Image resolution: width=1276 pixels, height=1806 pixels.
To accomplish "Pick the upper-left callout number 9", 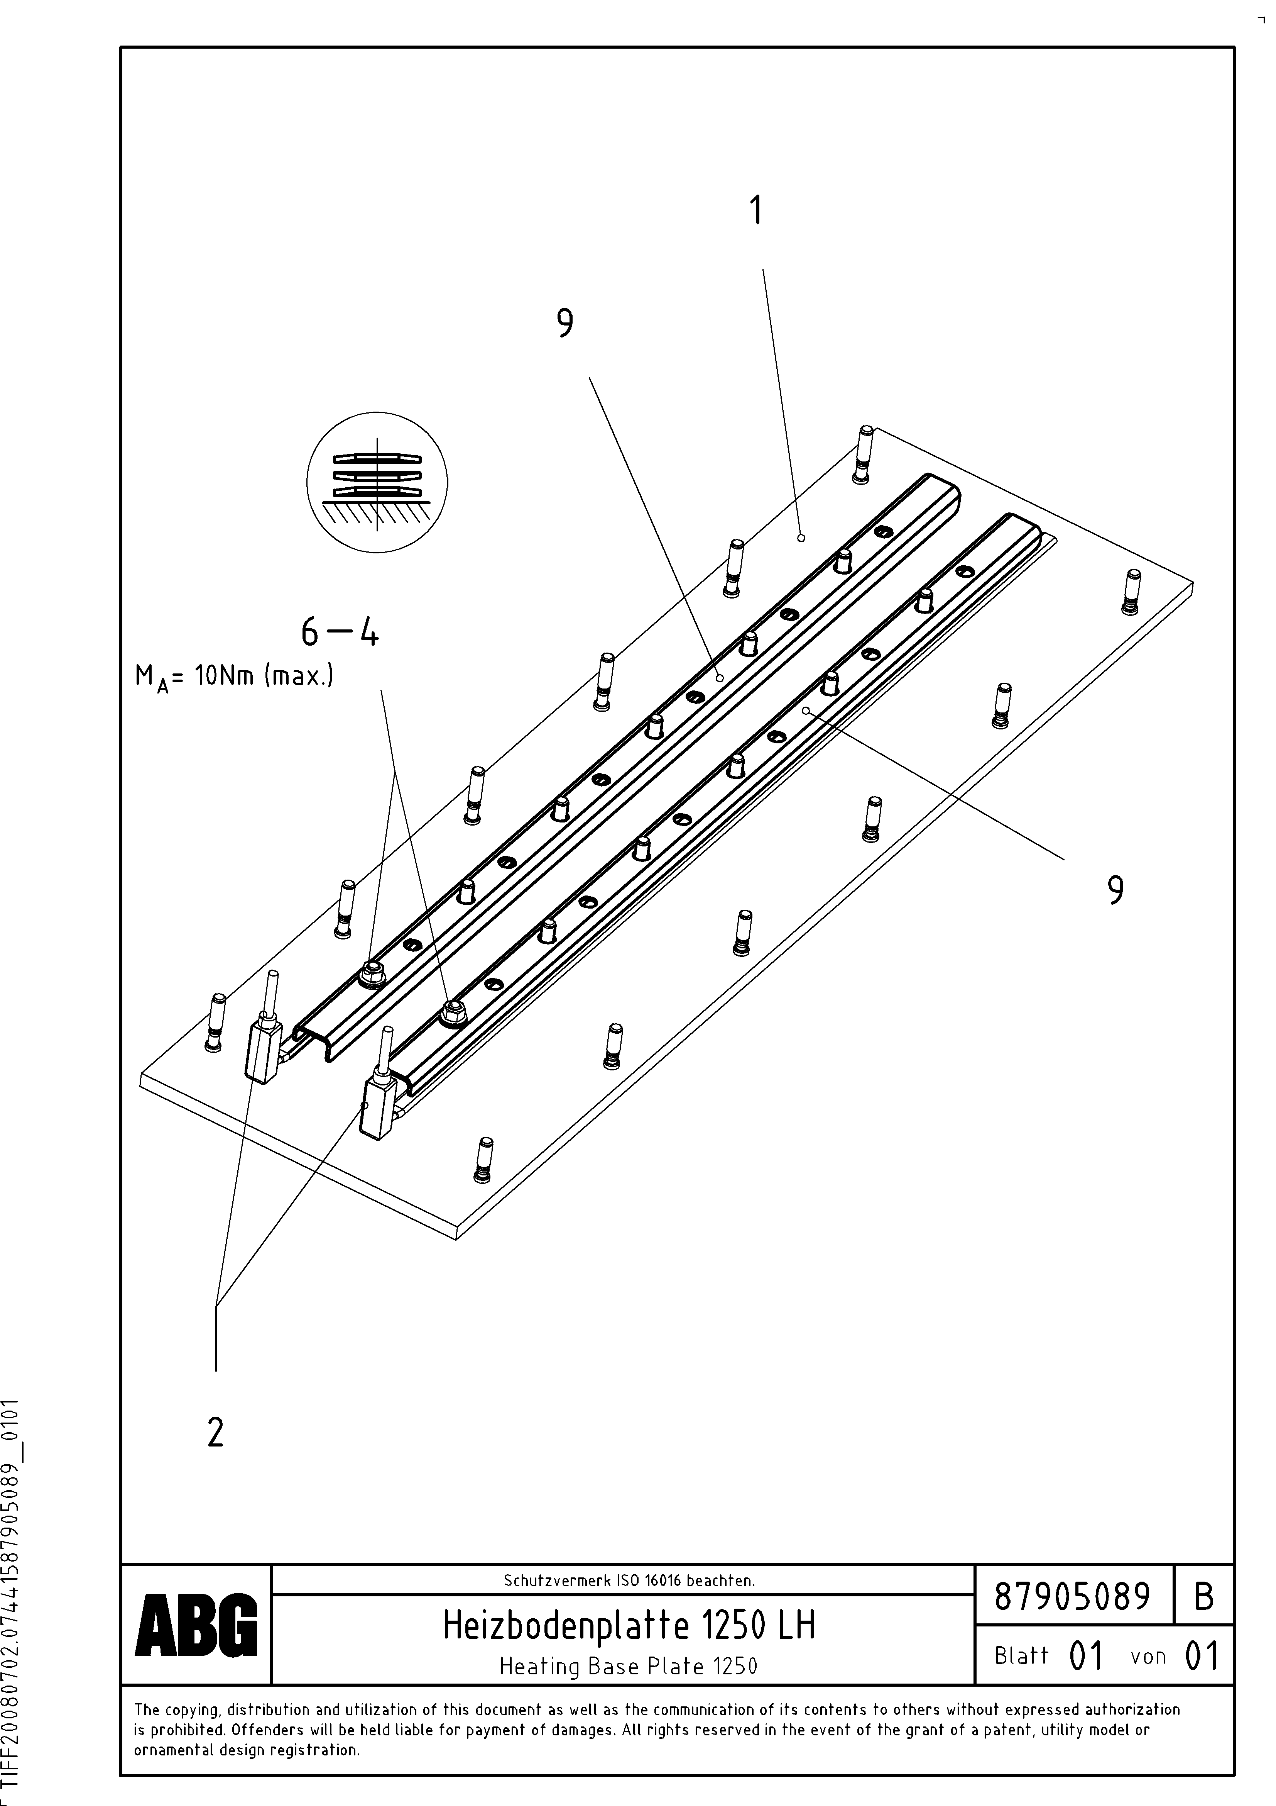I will (564, 323).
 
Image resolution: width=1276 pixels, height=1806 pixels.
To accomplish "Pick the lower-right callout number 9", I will (1115, 890).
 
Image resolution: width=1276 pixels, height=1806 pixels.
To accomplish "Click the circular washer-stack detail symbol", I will (377, 482).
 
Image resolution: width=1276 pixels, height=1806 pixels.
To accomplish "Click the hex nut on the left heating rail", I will (368, 975).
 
